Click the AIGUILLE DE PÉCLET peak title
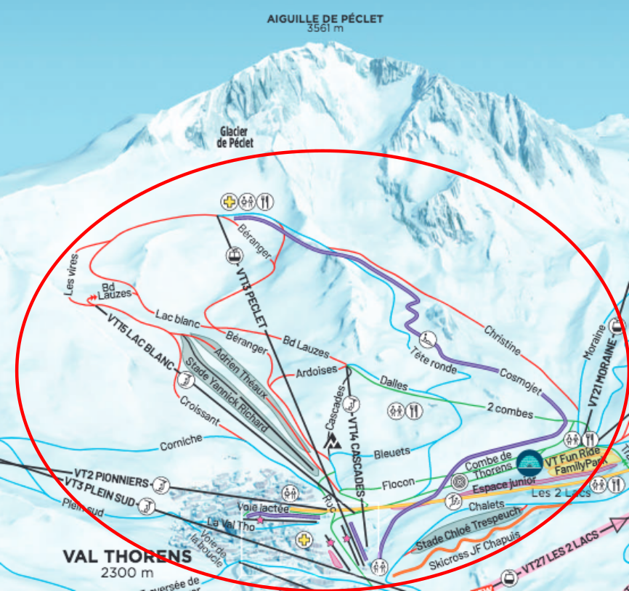click(325, 19)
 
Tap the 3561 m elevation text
click(325, 29)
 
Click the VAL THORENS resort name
click(128, 557)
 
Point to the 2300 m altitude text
click(128, 572)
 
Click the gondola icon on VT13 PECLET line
click(234, 255)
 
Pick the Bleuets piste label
click(391, 452)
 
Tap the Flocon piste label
click(398, 482)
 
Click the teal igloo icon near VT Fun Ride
click(529, 462)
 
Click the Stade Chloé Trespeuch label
click(467, 529)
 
